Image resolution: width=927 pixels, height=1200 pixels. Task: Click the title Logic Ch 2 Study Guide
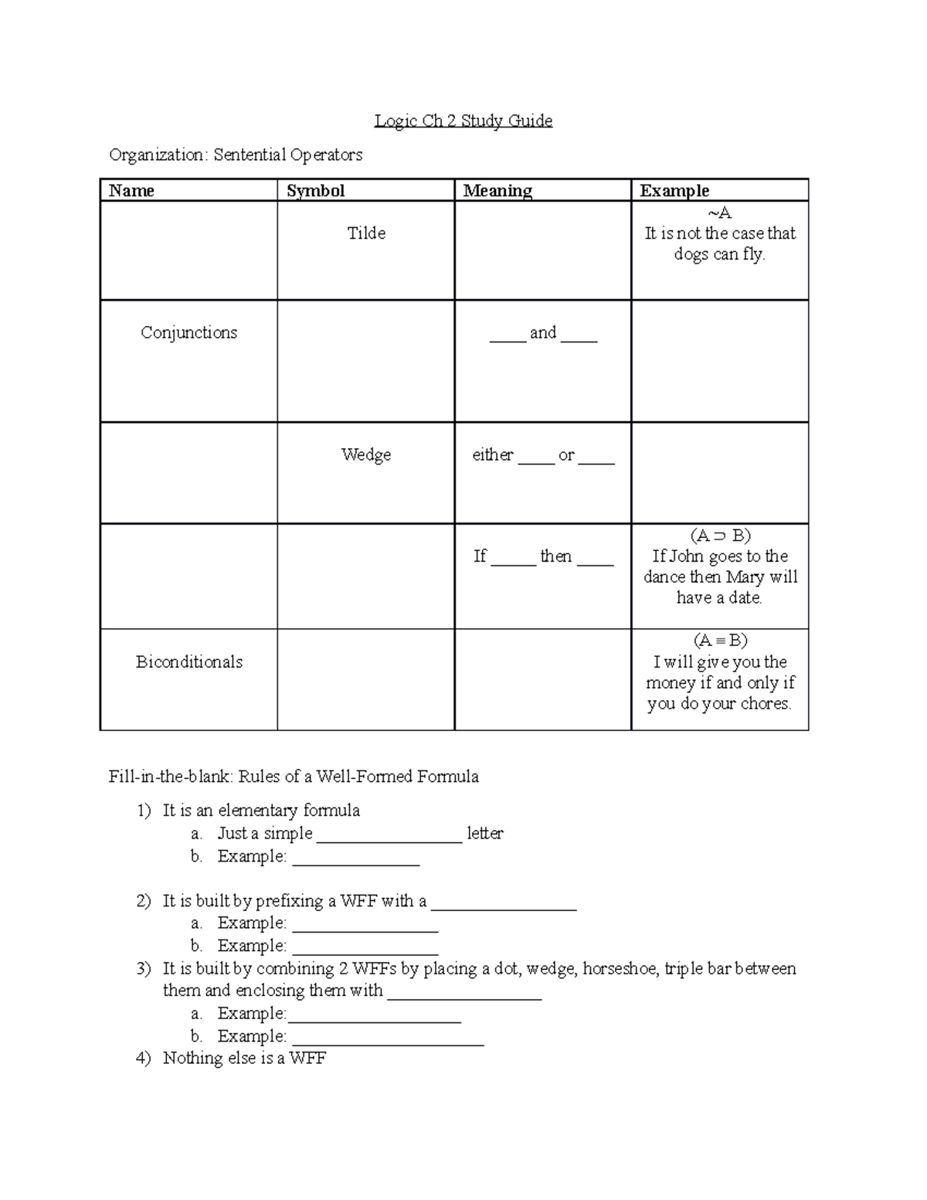coord(463,121)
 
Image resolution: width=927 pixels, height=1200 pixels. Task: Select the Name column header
coord(131,191)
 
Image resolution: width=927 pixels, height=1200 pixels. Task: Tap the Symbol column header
coord(315,191)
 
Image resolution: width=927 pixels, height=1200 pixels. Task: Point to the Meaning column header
coord(497,191)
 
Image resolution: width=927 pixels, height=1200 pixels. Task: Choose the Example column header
coord(674,191)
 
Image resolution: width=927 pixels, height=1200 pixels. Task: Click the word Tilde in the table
coord(366,233)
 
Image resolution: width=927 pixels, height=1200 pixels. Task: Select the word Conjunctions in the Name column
coord(188,333)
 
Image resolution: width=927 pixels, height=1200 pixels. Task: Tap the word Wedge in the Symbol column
coord(366,454)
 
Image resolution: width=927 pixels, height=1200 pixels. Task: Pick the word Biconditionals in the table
coord(189,662)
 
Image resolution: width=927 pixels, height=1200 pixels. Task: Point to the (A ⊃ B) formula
coord(720,535)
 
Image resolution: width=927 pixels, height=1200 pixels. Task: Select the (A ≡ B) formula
coord(720,641)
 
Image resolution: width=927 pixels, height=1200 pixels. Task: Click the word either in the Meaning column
coord(493,455)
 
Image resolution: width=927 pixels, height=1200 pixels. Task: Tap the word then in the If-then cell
coord(555,556)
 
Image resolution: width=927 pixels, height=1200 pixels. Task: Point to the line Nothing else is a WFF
coord(244,1059)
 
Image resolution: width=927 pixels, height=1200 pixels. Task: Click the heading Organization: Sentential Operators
coord(236,155)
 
